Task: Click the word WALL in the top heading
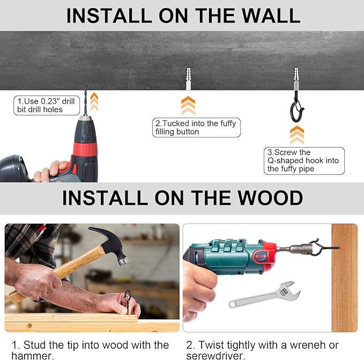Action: [x=271, y=16]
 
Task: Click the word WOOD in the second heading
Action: [x=270, y=197]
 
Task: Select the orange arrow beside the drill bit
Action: [x=94, y=101]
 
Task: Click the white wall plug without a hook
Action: [x=188, y=79]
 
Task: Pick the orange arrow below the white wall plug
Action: [x=188, y=106]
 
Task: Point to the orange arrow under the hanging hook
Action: [x=297, y=135]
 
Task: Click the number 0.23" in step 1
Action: [x=50, y=101]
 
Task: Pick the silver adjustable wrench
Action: [x=264, y=295]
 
